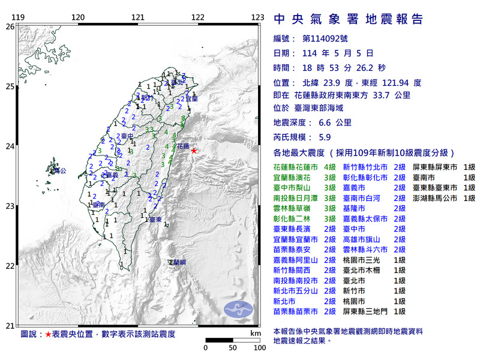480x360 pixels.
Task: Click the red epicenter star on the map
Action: point(194,151)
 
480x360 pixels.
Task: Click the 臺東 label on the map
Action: point(155,220)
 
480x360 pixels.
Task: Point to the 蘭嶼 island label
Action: point(178,262)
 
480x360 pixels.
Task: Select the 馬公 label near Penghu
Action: point(58,171)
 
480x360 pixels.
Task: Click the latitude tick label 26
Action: point(9,26)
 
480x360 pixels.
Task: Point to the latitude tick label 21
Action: point(9,326)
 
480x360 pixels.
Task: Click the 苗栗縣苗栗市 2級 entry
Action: point(304,311)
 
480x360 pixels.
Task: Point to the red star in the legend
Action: point(48,334)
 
